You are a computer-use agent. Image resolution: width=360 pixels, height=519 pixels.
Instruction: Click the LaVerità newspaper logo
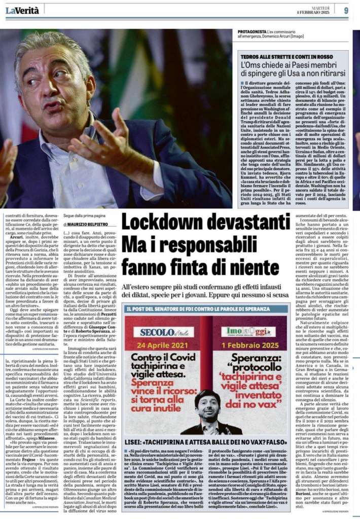tap(20, 10)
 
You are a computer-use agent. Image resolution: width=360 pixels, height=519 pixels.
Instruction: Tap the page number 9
tap(345, 10)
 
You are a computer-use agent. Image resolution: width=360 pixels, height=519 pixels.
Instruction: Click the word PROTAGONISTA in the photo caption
tap(253, 32)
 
